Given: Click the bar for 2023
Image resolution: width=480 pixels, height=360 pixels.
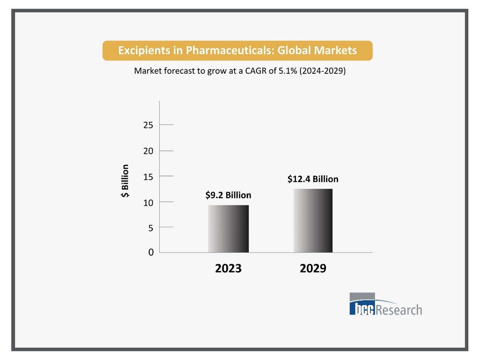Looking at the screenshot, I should click(228, 229).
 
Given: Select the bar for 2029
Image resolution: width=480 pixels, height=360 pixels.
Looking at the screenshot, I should click(313, 221).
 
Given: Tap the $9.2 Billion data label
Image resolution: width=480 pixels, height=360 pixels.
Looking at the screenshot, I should click(228, 195).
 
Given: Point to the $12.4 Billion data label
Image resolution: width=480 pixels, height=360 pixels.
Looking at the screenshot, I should click(313, 179).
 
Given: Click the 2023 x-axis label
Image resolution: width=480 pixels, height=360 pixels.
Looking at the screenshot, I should click(228, 268).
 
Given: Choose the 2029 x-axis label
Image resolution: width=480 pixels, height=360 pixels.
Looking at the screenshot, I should click(313, 268).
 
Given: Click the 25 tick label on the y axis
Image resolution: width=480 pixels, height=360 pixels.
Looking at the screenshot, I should click(148, 125).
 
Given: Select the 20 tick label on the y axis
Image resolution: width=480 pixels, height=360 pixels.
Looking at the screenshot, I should click(148, 151).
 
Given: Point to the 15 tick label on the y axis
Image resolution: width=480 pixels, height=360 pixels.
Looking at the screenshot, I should click(148, 177).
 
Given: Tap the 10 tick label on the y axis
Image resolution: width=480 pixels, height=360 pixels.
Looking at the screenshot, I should click(148, 203).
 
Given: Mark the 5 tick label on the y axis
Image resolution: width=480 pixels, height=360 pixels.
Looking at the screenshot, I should click(151, 228).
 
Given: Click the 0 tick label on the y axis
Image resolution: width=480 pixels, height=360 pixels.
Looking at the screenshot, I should click(151, 252).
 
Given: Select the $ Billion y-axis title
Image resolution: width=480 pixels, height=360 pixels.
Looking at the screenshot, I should click(125, 181).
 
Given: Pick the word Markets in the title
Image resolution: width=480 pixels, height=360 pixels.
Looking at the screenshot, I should click(335, 50).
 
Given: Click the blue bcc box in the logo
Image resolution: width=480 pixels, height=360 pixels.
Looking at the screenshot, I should click(362, 308).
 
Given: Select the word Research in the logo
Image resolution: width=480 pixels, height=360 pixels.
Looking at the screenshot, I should click(399, 310).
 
